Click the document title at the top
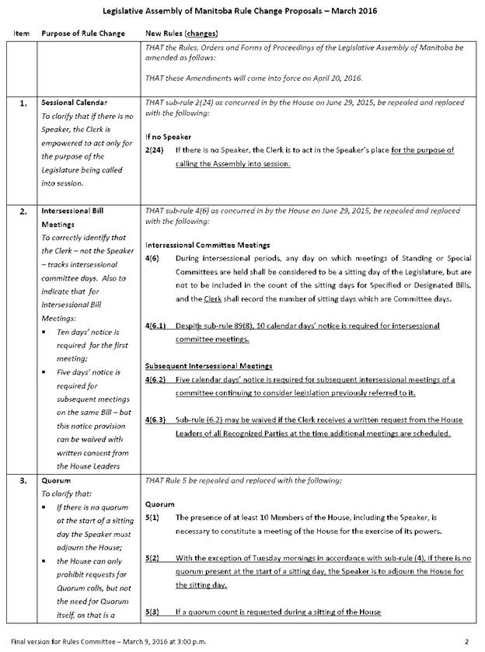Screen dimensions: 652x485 pyautogui.click(x=242, y=12)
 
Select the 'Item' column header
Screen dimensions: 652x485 pyautogui.click(x=22, y=33)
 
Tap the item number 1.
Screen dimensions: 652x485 pyautogui.click(x=23, y=103)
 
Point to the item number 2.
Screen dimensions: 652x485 pyautogui.click(x=23, y=210)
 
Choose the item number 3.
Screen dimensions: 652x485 pyautogui.click(x=23, y=480)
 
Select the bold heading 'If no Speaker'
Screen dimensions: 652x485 pyautogui.click(x=167, y=136)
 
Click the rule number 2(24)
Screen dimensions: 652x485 pyautogui.click(x=154, y=150)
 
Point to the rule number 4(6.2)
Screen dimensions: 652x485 pyautogui.click(x=158, y=379)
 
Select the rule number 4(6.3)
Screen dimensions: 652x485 pyautogui.click(x=158, y=420)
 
